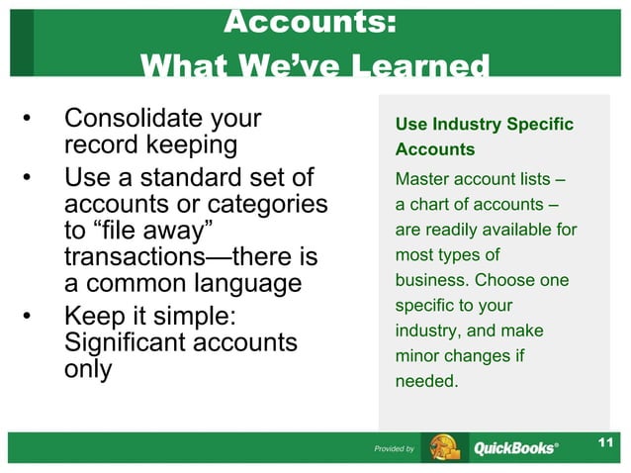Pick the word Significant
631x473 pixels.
coord(127,343)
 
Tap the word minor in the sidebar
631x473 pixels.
coord(415,355)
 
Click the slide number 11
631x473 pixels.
coord(606,441)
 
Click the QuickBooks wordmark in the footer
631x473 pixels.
coord(514,449)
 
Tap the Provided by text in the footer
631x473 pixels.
coord(394,449)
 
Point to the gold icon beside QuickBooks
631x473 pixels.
coord(442,448)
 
